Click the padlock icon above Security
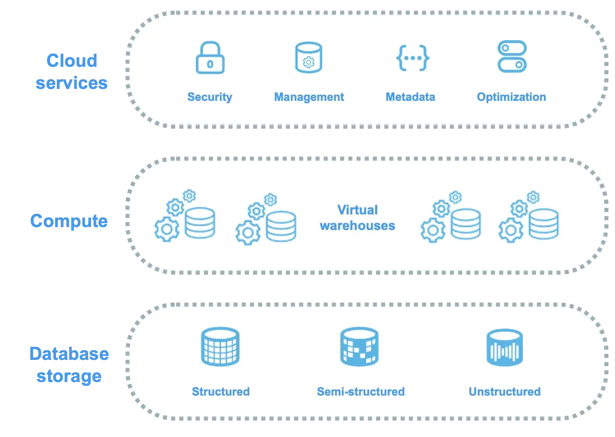click(210, 58)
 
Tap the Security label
click(210, 97)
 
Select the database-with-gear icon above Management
click(309, 58)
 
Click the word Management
click(309, 97)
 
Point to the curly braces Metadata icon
click(412, 58)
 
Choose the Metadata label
click(410, 97)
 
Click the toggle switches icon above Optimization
click(512, 57)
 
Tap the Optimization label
click(511, 97)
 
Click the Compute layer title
click(69, 221)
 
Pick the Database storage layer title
click(69, 364)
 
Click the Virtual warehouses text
click(358, 218)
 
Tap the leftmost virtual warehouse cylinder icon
click(200, 223)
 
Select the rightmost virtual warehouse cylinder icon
click(543, 224)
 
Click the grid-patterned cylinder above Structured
click(220, 346)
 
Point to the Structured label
click(221, 391)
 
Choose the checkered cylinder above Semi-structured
click(360, 346)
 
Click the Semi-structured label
click(360, 391)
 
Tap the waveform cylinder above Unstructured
click(504, 348)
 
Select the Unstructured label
click(504, 391)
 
